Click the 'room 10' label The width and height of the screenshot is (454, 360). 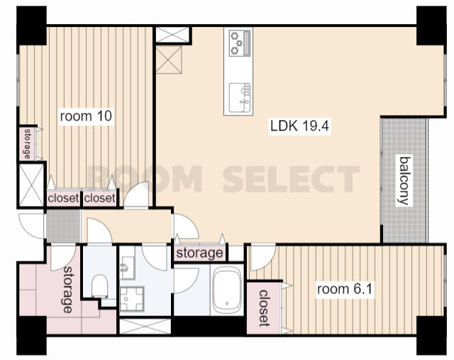point(86,116)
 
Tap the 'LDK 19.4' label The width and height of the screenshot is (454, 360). point(299,126)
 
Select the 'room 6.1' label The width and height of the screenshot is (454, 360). point(345,289)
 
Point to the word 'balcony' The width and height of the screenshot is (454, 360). point(404,181)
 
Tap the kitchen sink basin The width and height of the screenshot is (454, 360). point(238,97)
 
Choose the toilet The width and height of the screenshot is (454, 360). point(99,286)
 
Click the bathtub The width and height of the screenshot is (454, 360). point(227,290)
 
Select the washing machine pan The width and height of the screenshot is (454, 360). point(132,299)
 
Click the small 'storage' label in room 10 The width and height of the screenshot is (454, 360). point(28,144)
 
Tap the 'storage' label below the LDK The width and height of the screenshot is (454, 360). point(200,253)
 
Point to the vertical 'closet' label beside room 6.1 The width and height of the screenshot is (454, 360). point(263,308)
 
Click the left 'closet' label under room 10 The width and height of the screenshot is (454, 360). point(63,198)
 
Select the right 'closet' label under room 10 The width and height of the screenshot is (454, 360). point(99,198)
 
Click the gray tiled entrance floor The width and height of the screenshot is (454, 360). point(63,226)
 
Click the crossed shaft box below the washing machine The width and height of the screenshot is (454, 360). point(145,326)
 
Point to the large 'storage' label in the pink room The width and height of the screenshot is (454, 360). point(69,289)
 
